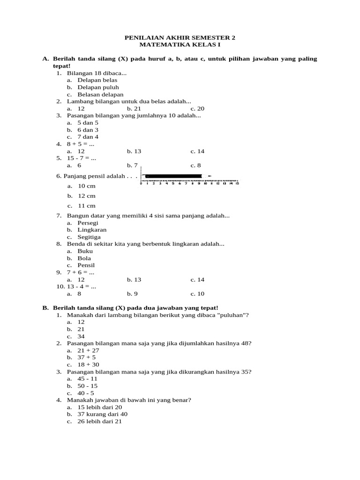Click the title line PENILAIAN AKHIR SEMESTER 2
pos(180,37)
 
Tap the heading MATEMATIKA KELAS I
pos(180,45)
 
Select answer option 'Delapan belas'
pos(97,80)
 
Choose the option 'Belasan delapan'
pos(100,94)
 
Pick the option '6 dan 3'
pos(88,130)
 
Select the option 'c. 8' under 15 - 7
pos(195,165)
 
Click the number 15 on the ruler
pos(237,184)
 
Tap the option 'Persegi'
pos(88,223)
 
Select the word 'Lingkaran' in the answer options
pos(92,230)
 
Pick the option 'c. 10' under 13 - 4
pos(197,294)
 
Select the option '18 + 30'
pos(88,365)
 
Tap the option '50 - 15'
pos(88,386)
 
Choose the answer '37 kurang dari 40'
pos(102,414)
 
